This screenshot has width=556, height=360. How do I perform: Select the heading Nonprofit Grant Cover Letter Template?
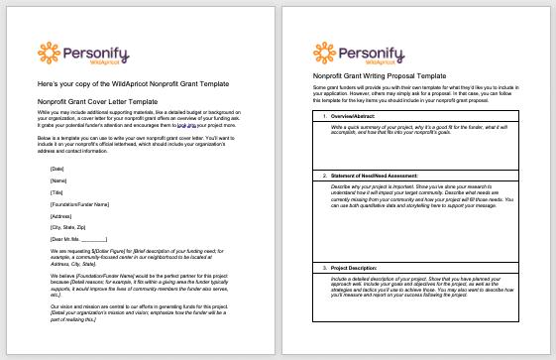96,102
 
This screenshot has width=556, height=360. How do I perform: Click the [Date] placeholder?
56,170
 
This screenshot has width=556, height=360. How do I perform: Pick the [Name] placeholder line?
58,180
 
